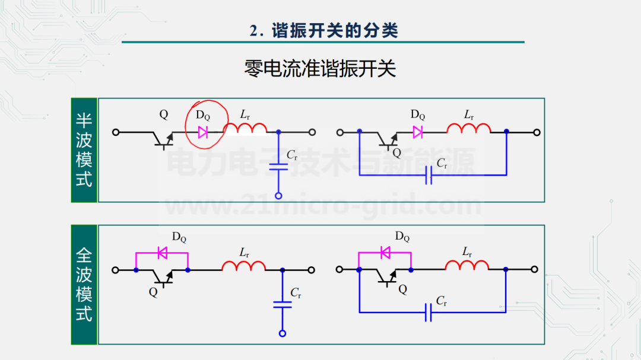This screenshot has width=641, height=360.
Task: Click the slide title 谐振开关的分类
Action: click(335, 31)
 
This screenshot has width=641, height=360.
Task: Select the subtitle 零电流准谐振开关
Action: click(320, 69)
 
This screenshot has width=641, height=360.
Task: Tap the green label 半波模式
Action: click(84, 150)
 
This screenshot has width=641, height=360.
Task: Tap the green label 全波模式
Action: click(84, 285)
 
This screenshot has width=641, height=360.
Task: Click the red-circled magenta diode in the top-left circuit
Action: click(203, 132)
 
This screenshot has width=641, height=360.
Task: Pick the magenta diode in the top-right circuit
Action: click(417, 132)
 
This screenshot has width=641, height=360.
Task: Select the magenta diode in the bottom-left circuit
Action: click(162, 253)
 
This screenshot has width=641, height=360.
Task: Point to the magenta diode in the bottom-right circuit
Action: click(385, 253)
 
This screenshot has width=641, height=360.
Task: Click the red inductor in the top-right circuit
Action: click(468, 128)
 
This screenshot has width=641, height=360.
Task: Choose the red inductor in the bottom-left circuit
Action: click(244, 266)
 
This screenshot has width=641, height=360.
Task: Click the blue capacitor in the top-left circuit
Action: click(278, 167)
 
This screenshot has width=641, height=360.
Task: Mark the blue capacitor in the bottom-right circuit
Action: click(428, 313)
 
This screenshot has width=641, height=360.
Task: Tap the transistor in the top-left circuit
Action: click(164, 139)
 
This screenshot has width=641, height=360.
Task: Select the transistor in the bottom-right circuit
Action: click(387, 276)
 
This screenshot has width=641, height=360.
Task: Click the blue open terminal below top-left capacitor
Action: click(278, 196)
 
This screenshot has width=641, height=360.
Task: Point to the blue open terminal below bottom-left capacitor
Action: click(282, 333)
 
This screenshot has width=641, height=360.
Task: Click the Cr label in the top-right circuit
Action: click(442, 164)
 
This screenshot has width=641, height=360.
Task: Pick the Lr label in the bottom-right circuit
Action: click(467, 252)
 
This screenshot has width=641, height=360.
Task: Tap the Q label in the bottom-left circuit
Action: click(153, 292)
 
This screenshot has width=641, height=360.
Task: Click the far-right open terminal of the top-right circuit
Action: click(537, 132)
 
